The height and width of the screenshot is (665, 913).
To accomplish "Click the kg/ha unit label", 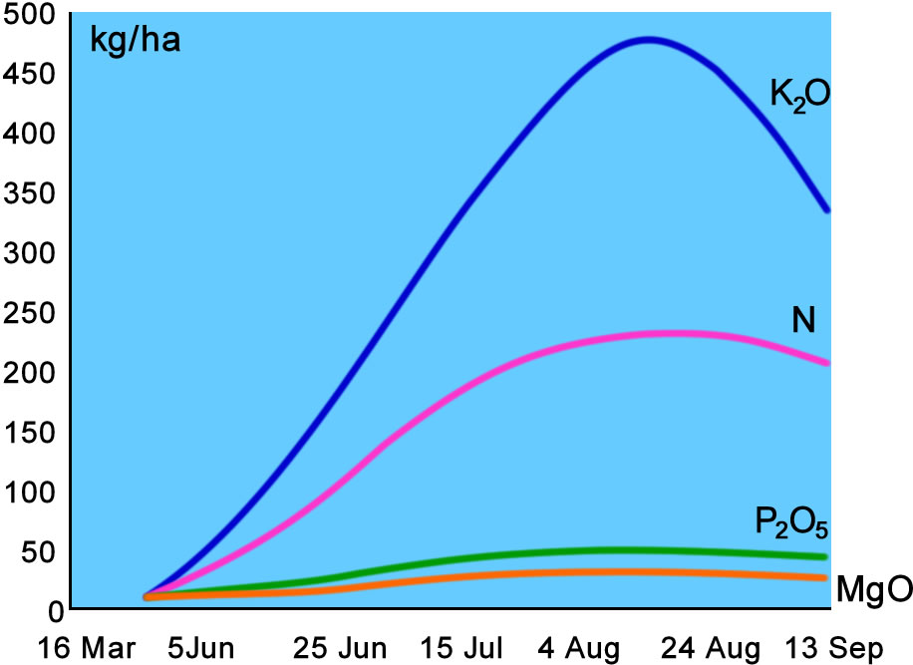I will (136, 44).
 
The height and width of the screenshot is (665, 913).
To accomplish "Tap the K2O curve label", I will (799, 96).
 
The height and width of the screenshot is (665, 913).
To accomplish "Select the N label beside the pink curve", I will (804, 320).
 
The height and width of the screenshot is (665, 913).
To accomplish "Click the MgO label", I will (873, 590).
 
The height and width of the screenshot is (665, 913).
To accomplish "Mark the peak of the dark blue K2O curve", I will (648, 40).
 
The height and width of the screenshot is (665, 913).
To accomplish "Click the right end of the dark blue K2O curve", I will (826, 209).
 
